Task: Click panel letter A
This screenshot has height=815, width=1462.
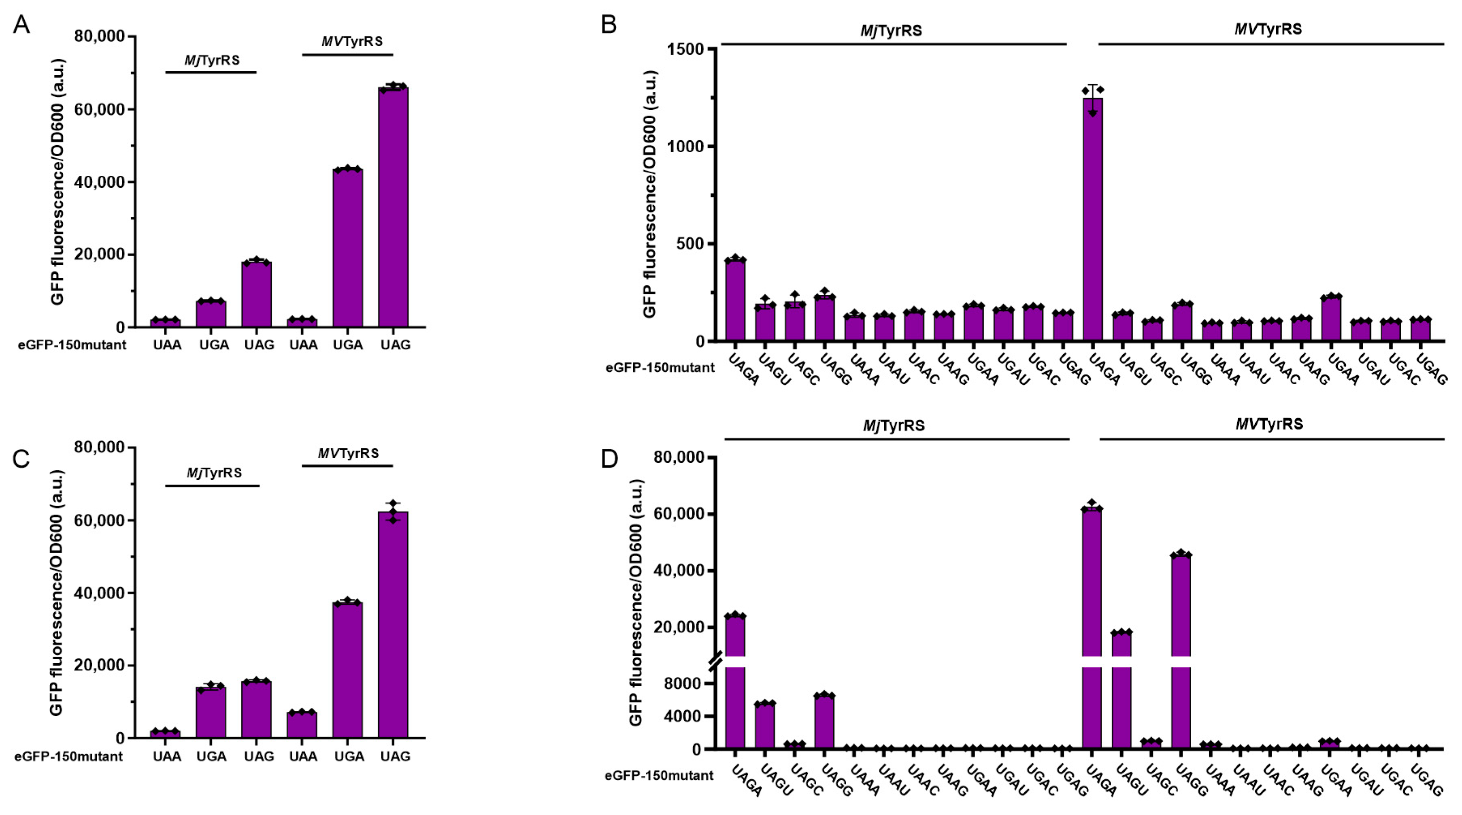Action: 21,25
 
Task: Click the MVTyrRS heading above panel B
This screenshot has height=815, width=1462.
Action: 1268,29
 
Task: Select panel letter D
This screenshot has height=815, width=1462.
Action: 609,459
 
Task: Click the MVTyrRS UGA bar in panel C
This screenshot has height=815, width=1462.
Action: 347,670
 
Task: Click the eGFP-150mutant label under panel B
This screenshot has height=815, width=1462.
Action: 660,367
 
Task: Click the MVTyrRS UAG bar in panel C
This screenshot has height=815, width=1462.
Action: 393,624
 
